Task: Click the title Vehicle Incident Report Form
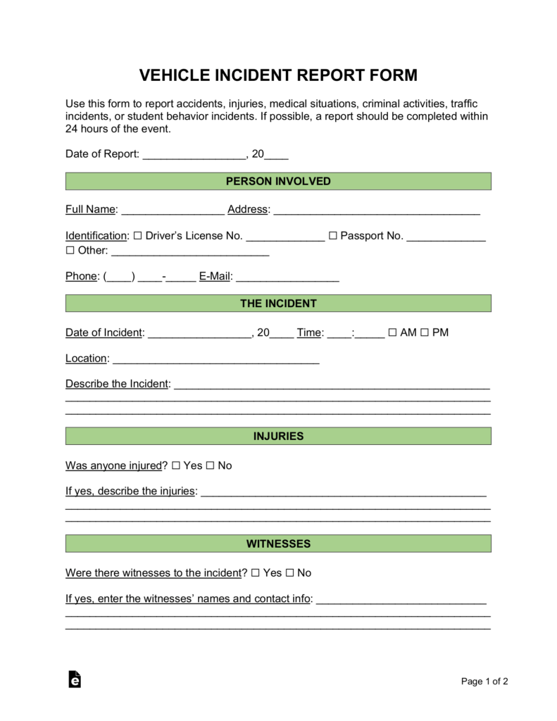pos(278,75)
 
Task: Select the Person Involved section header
pos(278,182)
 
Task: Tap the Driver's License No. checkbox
pos(137,236)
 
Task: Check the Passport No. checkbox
pos(333,236)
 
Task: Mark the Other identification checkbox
pos(70,251)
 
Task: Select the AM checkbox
pos(392,332)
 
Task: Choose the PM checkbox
pos(425,332)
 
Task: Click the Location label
pos(86,358)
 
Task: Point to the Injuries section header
pos(278,437)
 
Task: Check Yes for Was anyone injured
pos(176,465)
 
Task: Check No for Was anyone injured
pos(210,465)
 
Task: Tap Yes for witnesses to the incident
pos(256,573)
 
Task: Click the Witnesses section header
pos(278,544)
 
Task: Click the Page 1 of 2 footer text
pos(484,681)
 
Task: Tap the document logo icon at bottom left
pos(75,679)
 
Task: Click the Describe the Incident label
pos(117,384)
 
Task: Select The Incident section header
pos(278,303)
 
